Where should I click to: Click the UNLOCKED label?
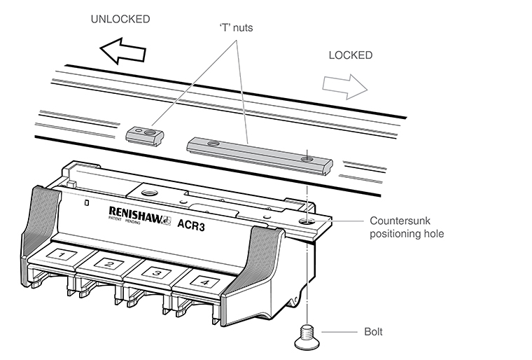[120, 20]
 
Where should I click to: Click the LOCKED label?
[350, 55]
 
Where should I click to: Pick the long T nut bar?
[260, 153]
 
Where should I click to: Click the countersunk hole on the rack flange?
[309, 222]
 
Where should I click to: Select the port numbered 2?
[108, 264]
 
